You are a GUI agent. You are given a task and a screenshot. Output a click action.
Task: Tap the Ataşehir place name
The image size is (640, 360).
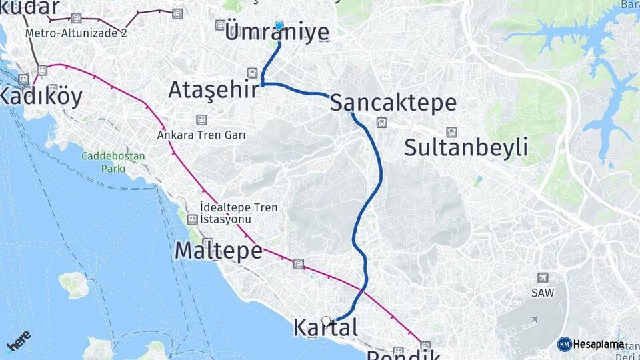tap(213, 89)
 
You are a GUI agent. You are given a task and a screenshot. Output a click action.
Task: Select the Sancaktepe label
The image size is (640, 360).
tap(393, 103)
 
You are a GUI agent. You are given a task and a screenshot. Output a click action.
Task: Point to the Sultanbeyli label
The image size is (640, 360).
tap(466, 147)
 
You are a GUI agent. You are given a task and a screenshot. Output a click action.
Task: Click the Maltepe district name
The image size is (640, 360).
tap(218, 251)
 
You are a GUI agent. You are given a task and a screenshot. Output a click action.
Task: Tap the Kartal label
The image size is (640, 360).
tap(325, 328)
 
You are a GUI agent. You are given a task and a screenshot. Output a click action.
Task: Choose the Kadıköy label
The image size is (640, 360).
tap(41, 97)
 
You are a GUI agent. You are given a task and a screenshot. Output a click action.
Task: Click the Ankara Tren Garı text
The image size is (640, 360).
tap(201, 135)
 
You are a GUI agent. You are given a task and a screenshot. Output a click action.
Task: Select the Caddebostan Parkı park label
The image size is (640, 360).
tap(103, 163)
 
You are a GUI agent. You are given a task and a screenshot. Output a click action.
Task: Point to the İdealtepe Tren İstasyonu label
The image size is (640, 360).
tap(238, 213)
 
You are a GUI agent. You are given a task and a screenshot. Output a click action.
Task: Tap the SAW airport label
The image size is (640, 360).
tap(543, 293)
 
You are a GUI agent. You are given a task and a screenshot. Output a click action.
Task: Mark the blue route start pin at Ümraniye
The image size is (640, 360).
tap(279, 26)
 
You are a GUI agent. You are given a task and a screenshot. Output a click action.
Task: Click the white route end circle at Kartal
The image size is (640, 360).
tap(326, 321)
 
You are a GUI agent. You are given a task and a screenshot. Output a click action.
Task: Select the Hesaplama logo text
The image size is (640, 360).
tap(598, 345)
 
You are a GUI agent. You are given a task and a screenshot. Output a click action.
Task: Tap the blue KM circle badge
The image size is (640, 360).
tap(564, 345)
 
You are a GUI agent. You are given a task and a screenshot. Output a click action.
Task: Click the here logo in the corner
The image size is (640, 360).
tap(18, 341)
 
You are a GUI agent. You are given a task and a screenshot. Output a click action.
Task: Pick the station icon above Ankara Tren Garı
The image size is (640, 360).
tap(201, 120)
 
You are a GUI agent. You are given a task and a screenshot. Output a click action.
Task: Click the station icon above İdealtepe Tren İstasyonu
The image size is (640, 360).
tap(192, 219)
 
